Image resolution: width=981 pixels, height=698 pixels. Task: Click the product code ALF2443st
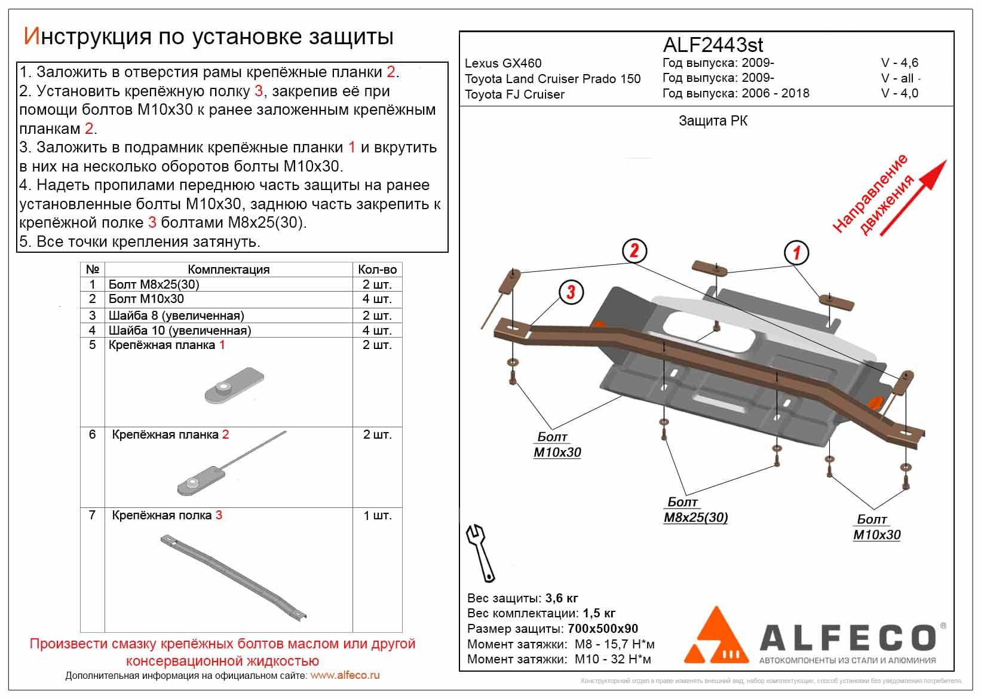click(x=713, y=45)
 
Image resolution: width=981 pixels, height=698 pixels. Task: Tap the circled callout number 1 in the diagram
click(x=796, y=253)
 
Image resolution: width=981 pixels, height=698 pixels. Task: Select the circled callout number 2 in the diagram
click(x=634, y=250)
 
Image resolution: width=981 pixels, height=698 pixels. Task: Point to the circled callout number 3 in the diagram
click(x=571, y=292)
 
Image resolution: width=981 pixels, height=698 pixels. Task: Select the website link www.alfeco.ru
click(x=345, y=676)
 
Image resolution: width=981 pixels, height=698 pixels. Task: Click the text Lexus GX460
click(x=503, y=63)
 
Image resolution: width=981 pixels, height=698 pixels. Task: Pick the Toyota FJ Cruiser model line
click(x=514, y=94)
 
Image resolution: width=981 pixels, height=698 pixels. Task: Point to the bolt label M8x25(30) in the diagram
click(x=695, y=518)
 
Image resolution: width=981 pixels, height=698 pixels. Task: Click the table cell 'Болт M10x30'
click(x=146, y=299)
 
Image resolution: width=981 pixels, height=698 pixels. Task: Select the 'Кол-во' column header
click(x=377, y=270)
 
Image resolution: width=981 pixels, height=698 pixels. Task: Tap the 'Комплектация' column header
click(x=228, y=270)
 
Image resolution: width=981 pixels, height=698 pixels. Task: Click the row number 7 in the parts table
click(x=92, y=515)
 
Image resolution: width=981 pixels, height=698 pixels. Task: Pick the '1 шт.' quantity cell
click(x=377, y=515)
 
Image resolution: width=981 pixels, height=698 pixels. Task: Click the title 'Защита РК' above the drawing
click(x=713, y=121)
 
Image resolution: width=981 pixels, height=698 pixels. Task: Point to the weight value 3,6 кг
click(x=562, y=598)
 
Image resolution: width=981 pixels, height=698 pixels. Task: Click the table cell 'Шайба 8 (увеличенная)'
click(x=176, y=315)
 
